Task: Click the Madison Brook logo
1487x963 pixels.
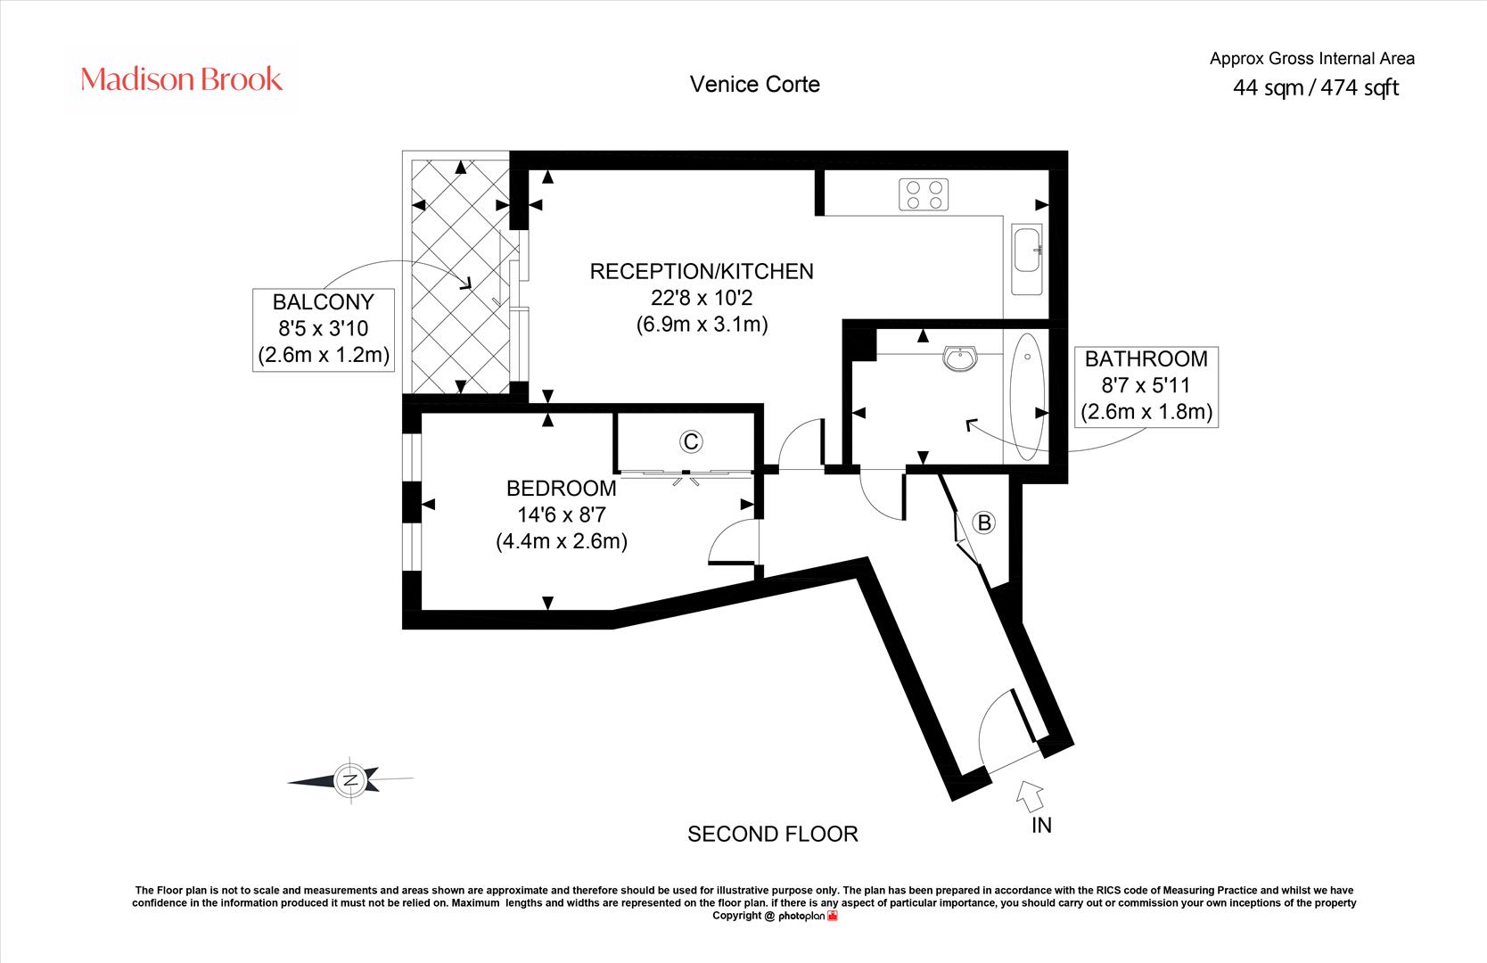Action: click(x=181, y=79)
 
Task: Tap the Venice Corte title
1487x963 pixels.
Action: click(x=755, y=85)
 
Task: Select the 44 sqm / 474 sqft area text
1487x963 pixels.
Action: click(x=1316, y=87)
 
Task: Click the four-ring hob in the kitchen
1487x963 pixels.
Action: click(x=924, y=194)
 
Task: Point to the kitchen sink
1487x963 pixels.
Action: click(x=1026, y=259)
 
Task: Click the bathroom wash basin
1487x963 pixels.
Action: click(x=960, y=358)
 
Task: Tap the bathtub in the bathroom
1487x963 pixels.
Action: click(x=1027, y=397)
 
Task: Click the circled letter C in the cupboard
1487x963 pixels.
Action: click(x=691, y=441)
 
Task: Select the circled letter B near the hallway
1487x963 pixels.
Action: click(x=984, y=523)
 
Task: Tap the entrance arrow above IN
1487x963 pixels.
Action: click(x=1030, y=795)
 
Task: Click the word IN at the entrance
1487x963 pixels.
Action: click(x=1041, y=825)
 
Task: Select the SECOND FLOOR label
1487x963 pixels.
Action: click(x=773, y=835)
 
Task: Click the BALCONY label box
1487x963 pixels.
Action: click(x=324, y=329)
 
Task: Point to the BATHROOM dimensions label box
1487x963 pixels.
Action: click(x=1146, y=386)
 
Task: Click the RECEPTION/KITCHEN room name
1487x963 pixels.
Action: click(x=702, y=272)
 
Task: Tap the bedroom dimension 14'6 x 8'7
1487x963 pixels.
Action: click(x=562, y=514)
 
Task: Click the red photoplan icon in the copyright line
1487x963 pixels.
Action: click(x=833, y=916)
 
